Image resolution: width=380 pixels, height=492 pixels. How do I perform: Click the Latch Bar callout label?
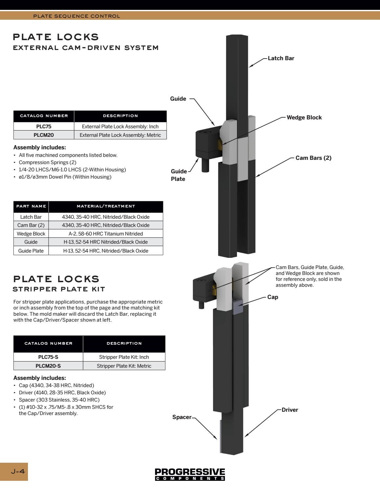pyautogui.click(x=281, y=58)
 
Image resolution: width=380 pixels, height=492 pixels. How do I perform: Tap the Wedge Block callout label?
pyautogui.click(x=304, y=117)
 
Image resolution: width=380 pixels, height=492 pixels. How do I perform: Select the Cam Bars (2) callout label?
pyautogui.click(x=313, y=158)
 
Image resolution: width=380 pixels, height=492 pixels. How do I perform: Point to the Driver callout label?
pyautogui.click(x=290, y=410)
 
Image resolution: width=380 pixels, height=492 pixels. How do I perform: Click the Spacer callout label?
pyautogui.click(x=182, y=417)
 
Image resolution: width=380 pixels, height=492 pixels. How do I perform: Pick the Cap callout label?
pyautogui.click(x=273, y=297)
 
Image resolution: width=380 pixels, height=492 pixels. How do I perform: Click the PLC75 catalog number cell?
pyautogui.click(x=44, y=126)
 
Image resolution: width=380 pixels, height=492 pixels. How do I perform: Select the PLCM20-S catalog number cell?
pyautogui.click(x=48, y=366)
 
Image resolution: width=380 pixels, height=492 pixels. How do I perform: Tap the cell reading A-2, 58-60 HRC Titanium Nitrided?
pyautogui.click(x=106, y=234)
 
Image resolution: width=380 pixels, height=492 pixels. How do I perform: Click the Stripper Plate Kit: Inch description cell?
pyautogui.click(x=124, y=357)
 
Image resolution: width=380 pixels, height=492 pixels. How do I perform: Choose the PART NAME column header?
pyautogui.click(x=31, y=206)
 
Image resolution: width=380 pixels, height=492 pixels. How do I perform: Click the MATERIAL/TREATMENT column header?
pyautogui.click(x=106, y=206)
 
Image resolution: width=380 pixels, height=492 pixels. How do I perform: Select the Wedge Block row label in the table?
pyautogui.click(x=31, y=234)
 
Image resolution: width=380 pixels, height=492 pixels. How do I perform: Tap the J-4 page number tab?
pyautogui.click(x=18, y=471)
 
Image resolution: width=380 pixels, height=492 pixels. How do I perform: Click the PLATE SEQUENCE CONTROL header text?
pyautogui.click(x=77, y=16)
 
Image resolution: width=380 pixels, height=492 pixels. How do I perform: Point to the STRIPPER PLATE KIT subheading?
pyautogui.click(x=59, y=289)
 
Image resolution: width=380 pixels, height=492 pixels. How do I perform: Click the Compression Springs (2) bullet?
pyautogui.click(x=47, y=162)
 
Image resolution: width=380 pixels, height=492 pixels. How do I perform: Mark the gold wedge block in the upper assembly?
pyautogui.click(x=220, y=144)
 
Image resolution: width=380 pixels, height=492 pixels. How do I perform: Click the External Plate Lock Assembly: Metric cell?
pyautogui.click(x=120, y=135)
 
